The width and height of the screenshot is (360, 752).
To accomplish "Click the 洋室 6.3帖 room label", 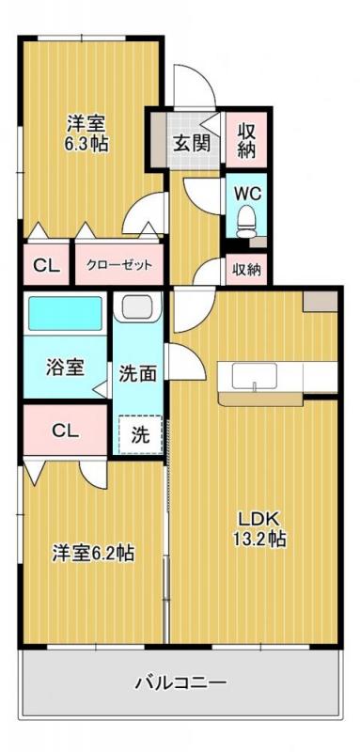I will point(84,133).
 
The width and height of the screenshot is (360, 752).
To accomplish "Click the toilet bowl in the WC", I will point(247,223).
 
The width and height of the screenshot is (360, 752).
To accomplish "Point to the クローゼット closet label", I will point(118,266).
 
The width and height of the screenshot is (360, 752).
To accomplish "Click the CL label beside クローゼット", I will point(46,266).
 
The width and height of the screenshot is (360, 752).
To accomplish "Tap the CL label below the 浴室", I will point(65,431).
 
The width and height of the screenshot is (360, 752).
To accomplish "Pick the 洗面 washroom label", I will point(137,373).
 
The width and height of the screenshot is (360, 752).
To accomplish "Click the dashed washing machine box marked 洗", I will point(139,435).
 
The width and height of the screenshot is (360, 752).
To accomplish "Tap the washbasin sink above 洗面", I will point(137,306).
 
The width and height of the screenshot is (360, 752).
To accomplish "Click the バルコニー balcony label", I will point(179,680).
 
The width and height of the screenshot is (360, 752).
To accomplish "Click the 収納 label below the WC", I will point(247,270).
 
